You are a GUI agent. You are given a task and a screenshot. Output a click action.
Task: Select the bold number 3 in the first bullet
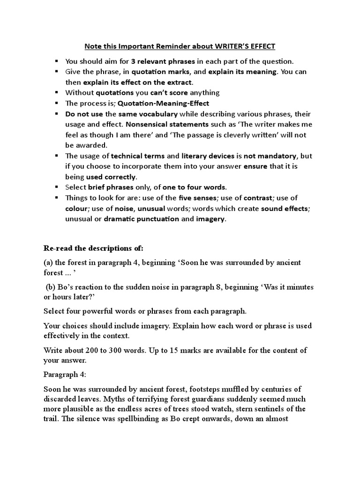[x=133, y=61]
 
